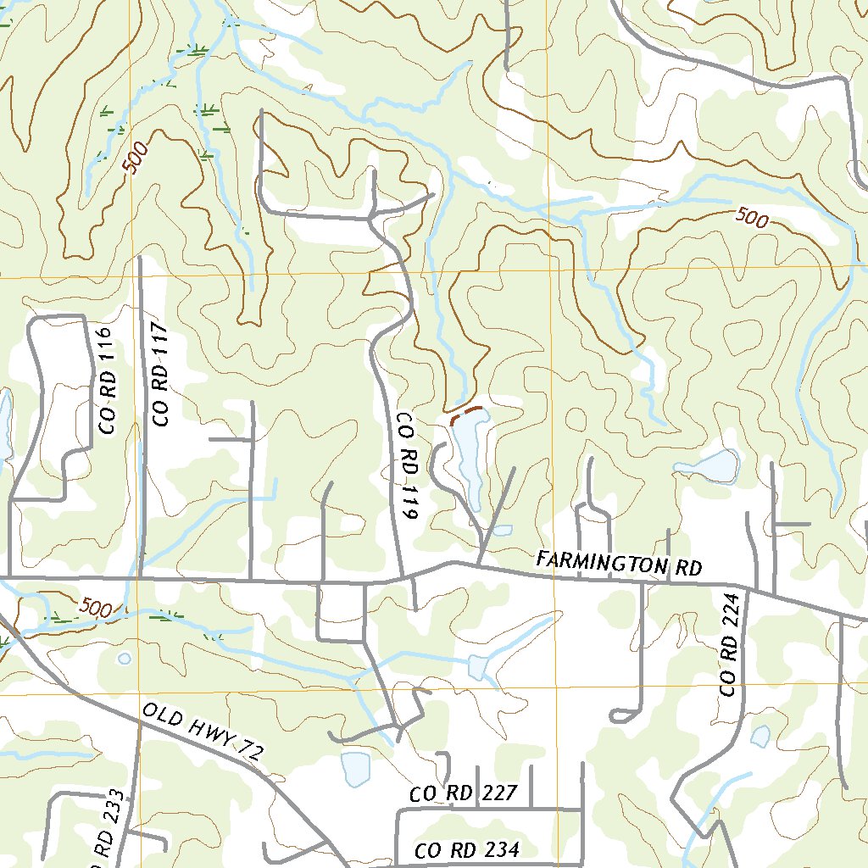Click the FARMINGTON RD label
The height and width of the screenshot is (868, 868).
[x=620, y=564]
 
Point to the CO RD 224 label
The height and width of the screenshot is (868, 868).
[x=731, y=645]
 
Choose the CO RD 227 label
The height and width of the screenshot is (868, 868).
[x=463, y=794]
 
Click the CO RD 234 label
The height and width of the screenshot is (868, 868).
[x=467, y=850]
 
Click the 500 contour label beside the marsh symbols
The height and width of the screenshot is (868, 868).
[x=140, y=159]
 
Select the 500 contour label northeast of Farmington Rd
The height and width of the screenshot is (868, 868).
[x=752, y=219]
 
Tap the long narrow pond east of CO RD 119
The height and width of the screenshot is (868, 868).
[x=469, y=458]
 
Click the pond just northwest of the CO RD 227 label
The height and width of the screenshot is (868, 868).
[x=355, y=768]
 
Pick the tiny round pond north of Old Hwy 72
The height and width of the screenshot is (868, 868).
[x=125, y=658]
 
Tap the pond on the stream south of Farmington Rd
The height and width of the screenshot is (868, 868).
[x=478, y=668]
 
